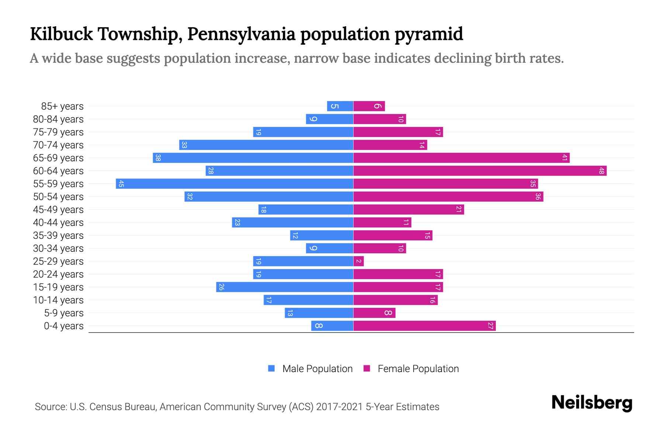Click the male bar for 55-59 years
click(x=235, y=183)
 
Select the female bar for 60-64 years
click(x=480, y=171)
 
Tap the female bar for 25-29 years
click(x=359, y=261)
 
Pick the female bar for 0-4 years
click(x=424, y=326)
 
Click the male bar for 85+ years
click(x=340, y=106)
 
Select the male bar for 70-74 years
click(x=266, y=145)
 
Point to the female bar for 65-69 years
click(x=461, y=158)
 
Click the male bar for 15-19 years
click(x=285, y=287)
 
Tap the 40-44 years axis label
click(x=58, y=222)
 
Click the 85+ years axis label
click(x=62, y=106)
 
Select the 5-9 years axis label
click(x=64, y=313)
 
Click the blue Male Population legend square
click(x=272, y=368)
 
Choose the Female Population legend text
click(x=418, y=368)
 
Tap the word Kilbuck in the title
click(x=62, y=34)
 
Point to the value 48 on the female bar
click(x=601, y=171)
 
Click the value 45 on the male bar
click(x=121, y=183)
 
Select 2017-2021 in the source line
click(x=339, y=406)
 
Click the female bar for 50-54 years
click(x=448, y=196)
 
